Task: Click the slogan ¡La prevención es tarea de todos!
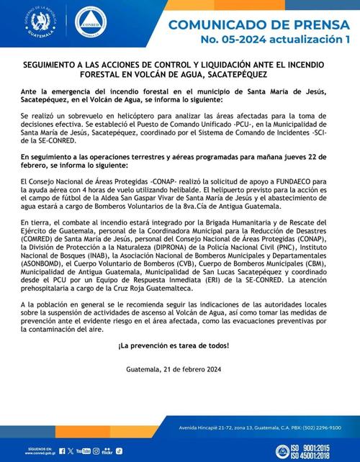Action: [x=179, y=345]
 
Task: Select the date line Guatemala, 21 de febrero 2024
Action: [x=179, y=370]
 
